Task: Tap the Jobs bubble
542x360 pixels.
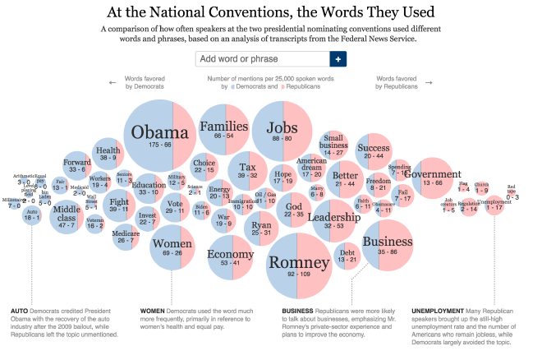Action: tap(282, 132)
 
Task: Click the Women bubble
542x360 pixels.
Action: tap(172, 247)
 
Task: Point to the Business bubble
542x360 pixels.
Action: tap(387, 245)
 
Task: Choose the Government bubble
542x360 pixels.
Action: tap(433, 177)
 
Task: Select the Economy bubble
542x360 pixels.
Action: tap(230, 257)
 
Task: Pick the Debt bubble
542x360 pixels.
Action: tap(347, 256)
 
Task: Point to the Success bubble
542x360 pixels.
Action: tap(374, 151)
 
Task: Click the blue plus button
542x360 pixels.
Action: tap(338, 59)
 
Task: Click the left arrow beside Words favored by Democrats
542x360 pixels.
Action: tap(113, 82)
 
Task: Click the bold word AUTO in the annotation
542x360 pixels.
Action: tap(20, 312)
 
